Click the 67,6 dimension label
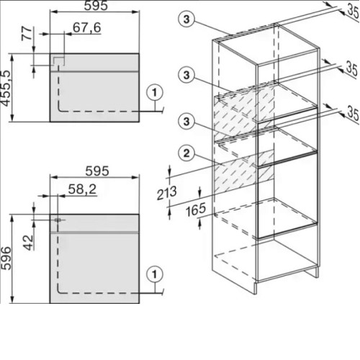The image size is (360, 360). (86, 27)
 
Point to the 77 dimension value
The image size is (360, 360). (27, 34)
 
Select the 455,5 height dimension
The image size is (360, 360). (6, 88)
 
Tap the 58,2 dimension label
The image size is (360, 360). (82, 189)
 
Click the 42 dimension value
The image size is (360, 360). (28, 243)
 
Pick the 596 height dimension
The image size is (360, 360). (6, 258)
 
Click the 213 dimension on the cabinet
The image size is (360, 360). (167, 193)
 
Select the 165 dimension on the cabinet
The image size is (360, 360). (196, 210)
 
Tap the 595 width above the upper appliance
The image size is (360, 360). (96, 6)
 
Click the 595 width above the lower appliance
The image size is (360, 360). (97, 171)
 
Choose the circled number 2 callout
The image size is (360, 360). (186, 153)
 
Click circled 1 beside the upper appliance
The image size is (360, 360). (155, 92)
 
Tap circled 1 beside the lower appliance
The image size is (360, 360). (155, 274)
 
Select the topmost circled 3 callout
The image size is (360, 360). (186, 19)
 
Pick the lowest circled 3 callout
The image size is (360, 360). (186, 121)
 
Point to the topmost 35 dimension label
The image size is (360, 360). (353, 10)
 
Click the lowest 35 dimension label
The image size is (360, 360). (353, 113)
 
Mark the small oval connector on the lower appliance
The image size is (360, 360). (58, 220)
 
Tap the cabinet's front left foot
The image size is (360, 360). (256, 287)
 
